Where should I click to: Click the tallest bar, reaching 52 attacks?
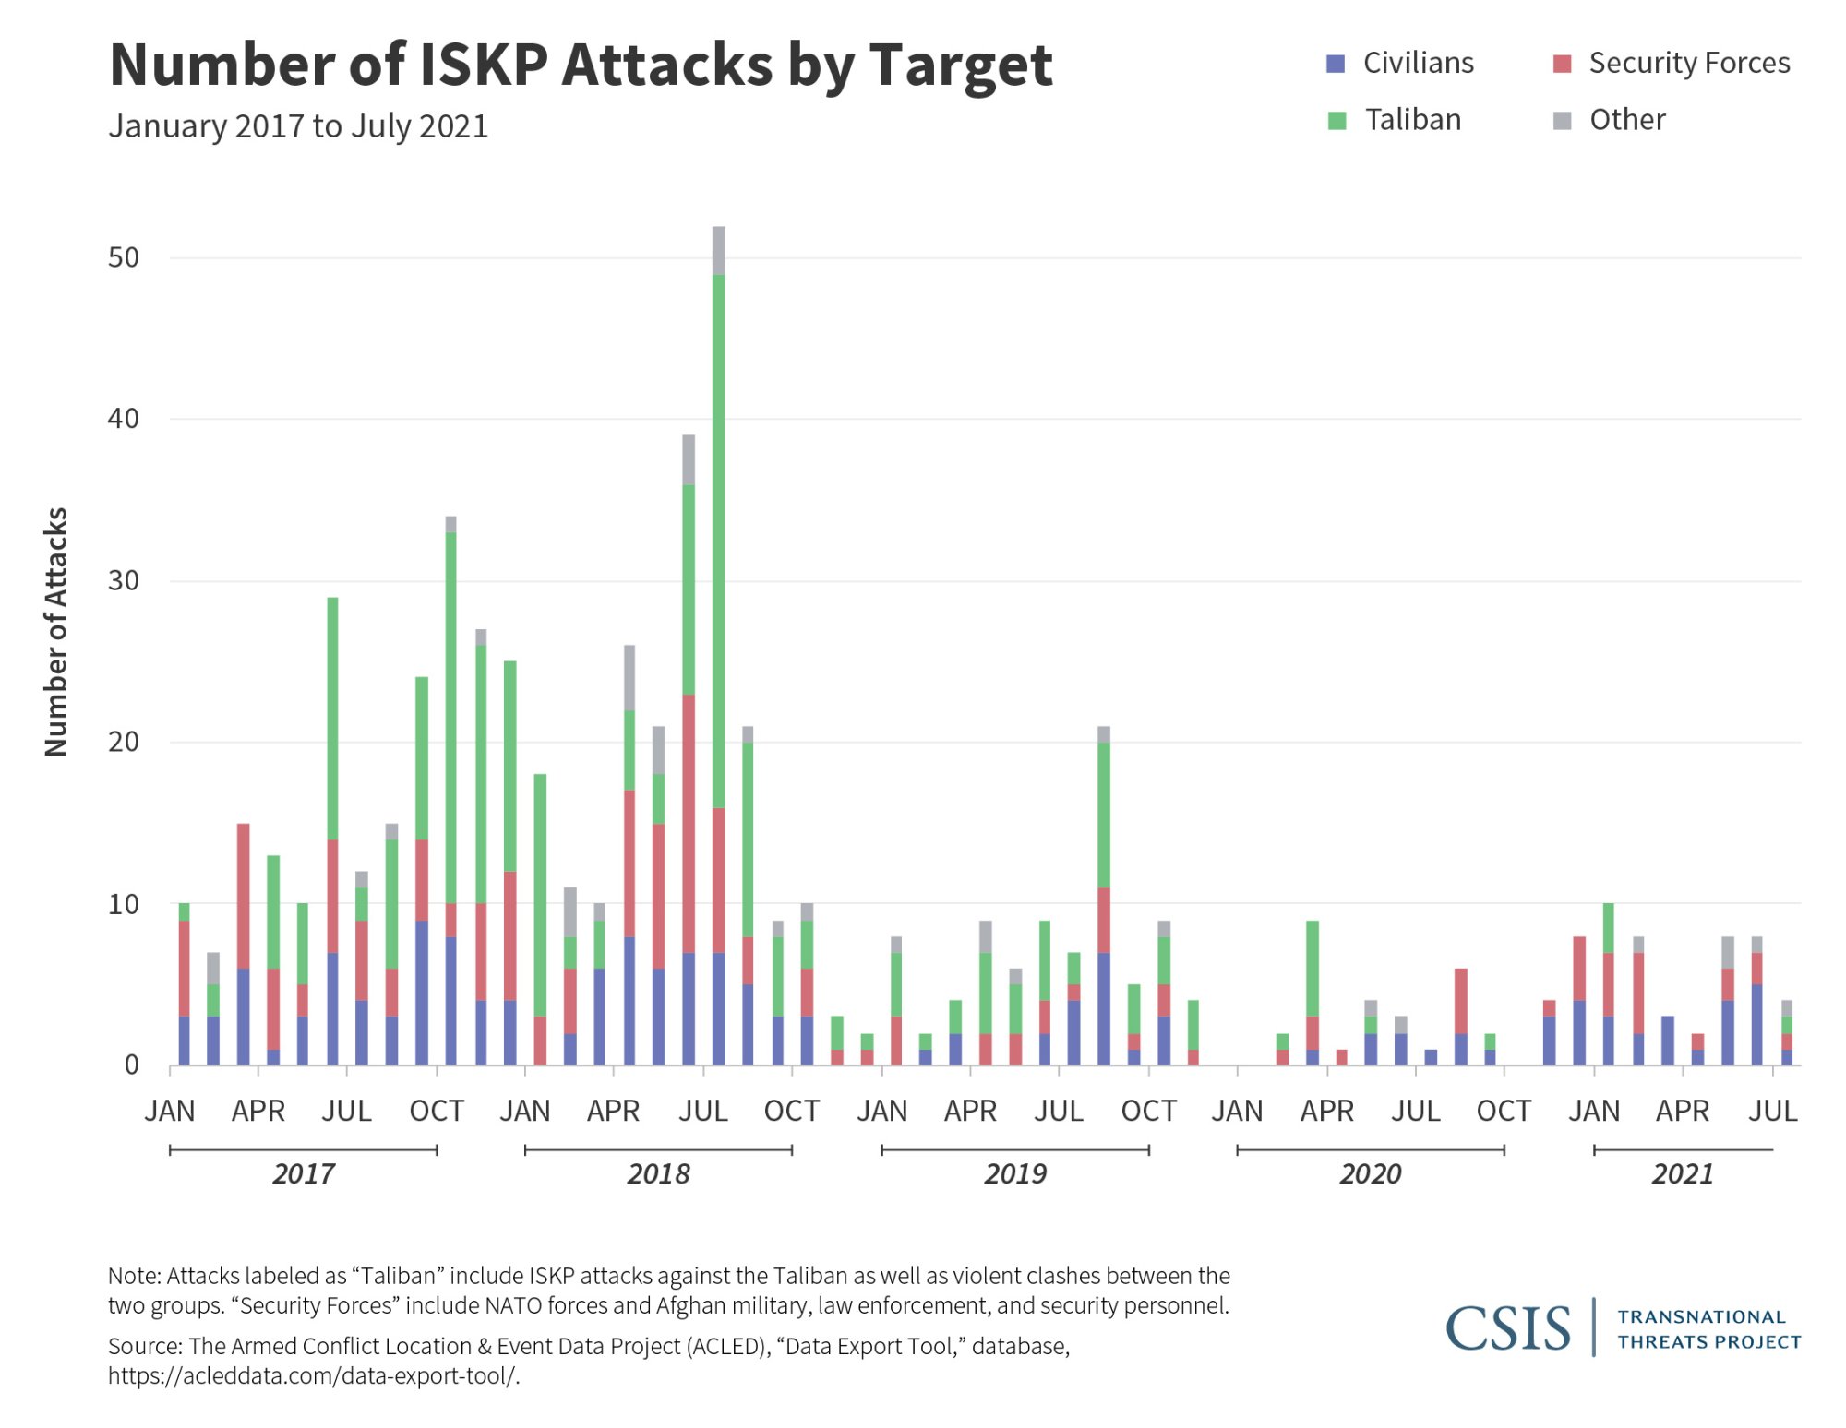click(x=718, y=646)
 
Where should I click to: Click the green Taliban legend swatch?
click(x=1337, y=121)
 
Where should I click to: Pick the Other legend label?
click(x=1626, y=120)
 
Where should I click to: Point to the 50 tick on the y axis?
click(x=124, y=257)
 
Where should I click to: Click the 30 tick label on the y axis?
click(x=124, y=580)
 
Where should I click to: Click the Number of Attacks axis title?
click(x=56, y=632)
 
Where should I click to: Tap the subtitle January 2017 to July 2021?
click(x=298, y=125)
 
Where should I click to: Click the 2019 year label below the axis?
click(x=1014, y=1173)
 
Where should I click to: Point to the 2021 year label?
click(x=1682, y=1173)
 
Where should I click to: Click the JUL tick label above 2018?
click(x=703, y=1111)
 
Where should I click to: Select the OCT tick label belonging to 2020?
click(x=1504, y=1111)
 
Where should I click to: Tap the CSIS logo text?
click(x=1507, y=1328)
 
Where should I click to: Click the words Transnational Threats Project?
click(x=1708, y=1329)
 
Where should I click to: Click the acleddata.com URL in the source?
click(x=313, y=1375)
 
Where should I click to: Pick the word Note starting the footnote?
click(x=134, y=1276)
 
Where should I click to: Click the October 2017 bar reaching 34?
click(x=450, y=793)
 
